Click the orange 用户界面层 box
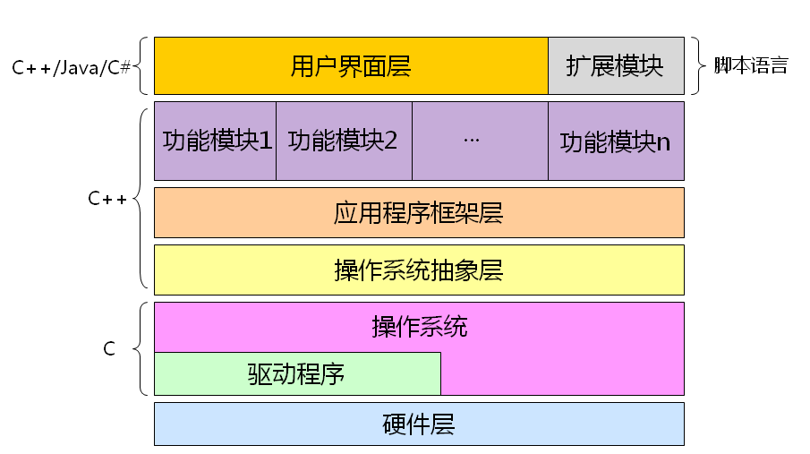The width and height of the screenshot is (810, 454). pyautogui.click(x=351, y=65)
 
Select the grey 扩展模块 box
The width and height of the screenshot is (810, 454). pyautogui.click(x=616, y=65)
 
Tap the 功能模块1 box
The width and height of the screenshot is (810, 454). pyautogui.click(x=215, y=141)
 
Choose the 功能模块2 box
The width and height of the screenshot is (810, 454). pyautogui.click(x=344, y=141)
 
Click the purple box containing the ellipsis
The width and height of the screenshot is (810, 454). pyautogui.click(x=480, y=141)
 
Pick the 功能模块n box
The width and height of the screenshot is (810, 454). pyautogui.click(x=616, y=141)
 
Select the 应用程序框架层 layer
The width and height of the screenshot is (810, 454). pyautogui.click(x=419, y=212)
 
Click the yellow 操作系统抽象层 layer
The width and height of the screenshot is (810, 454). pyautogui.click(x=419, y=270)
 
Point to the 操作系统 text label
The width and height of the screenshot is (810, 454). pyautogui.click(x=419, y=327)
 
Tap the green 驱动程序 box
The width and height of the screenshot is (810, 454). pyautogui.click(x=297, y=373)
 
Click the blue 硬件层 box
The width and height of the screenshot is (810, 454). pyautogui.click(x=419, y=424)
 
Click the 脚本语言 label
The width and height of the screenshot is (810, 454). pyautogui.click(x=751, y=66)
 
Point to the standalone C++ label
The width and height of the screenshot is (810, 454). pyautogui.click(x=107, y=199)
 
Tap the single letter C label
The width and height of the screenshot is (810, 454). pyautogui.click(x=109, y=349)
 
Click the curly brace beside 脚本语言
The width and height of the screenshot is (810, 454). pyautogui.click(x=700, y=65)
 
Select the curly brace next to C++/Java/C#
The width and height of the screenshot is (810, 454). pyautogui.click(x=142, y=65)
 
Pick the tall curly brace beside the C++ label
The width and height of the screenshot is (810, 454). pyautogui.click(x=141, y=198)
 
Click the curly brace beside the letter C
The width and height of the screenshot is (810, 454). pyautogui.click(x=141, y=349)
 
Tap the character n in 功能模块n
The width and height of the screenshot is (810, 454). pyautogui.click(x=663, y=142)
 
